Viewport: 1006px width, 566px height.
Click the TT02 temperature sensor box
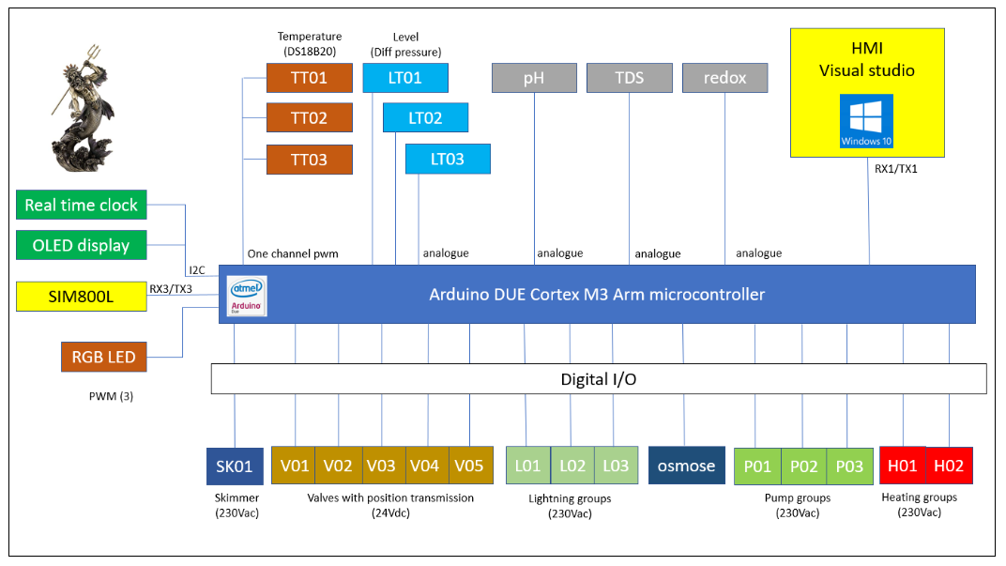click(310, 118)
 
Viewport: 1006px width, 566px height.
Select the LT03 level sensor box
click(448, 160)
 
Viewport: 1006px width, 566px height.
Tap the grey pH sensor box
click(534, 78)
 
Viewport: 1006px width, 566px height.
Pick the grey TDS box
click(630, 78)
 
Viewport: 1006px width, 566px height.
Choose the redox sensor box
click(724, 78)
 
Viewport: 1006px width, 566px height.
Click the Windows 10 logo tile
click(866, 121)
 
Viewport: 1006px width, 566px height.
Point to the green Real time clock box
click(82, 205)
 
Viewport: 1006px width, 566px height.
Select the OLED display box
click(82, 245)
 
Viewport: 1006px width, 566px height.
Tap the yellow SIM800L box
click(82, 297)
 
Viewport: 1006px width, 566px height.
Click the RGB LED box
click(103, 357)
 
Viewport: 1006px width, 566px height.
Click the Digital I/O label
click(598, 379)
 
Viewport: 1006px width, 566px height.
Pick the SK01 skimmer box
click(235, 466)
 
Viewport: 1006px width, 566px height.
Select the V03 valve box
click(381, 466)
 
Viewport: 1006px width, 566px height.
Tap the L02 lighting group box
click(572, 466)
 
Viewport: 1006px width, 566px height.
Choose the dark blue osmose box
click(686, 466)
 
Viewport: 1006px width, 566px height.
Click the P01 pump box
click(757, 466)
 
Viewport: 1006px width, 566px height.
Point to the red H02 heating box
click(949, 466)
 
